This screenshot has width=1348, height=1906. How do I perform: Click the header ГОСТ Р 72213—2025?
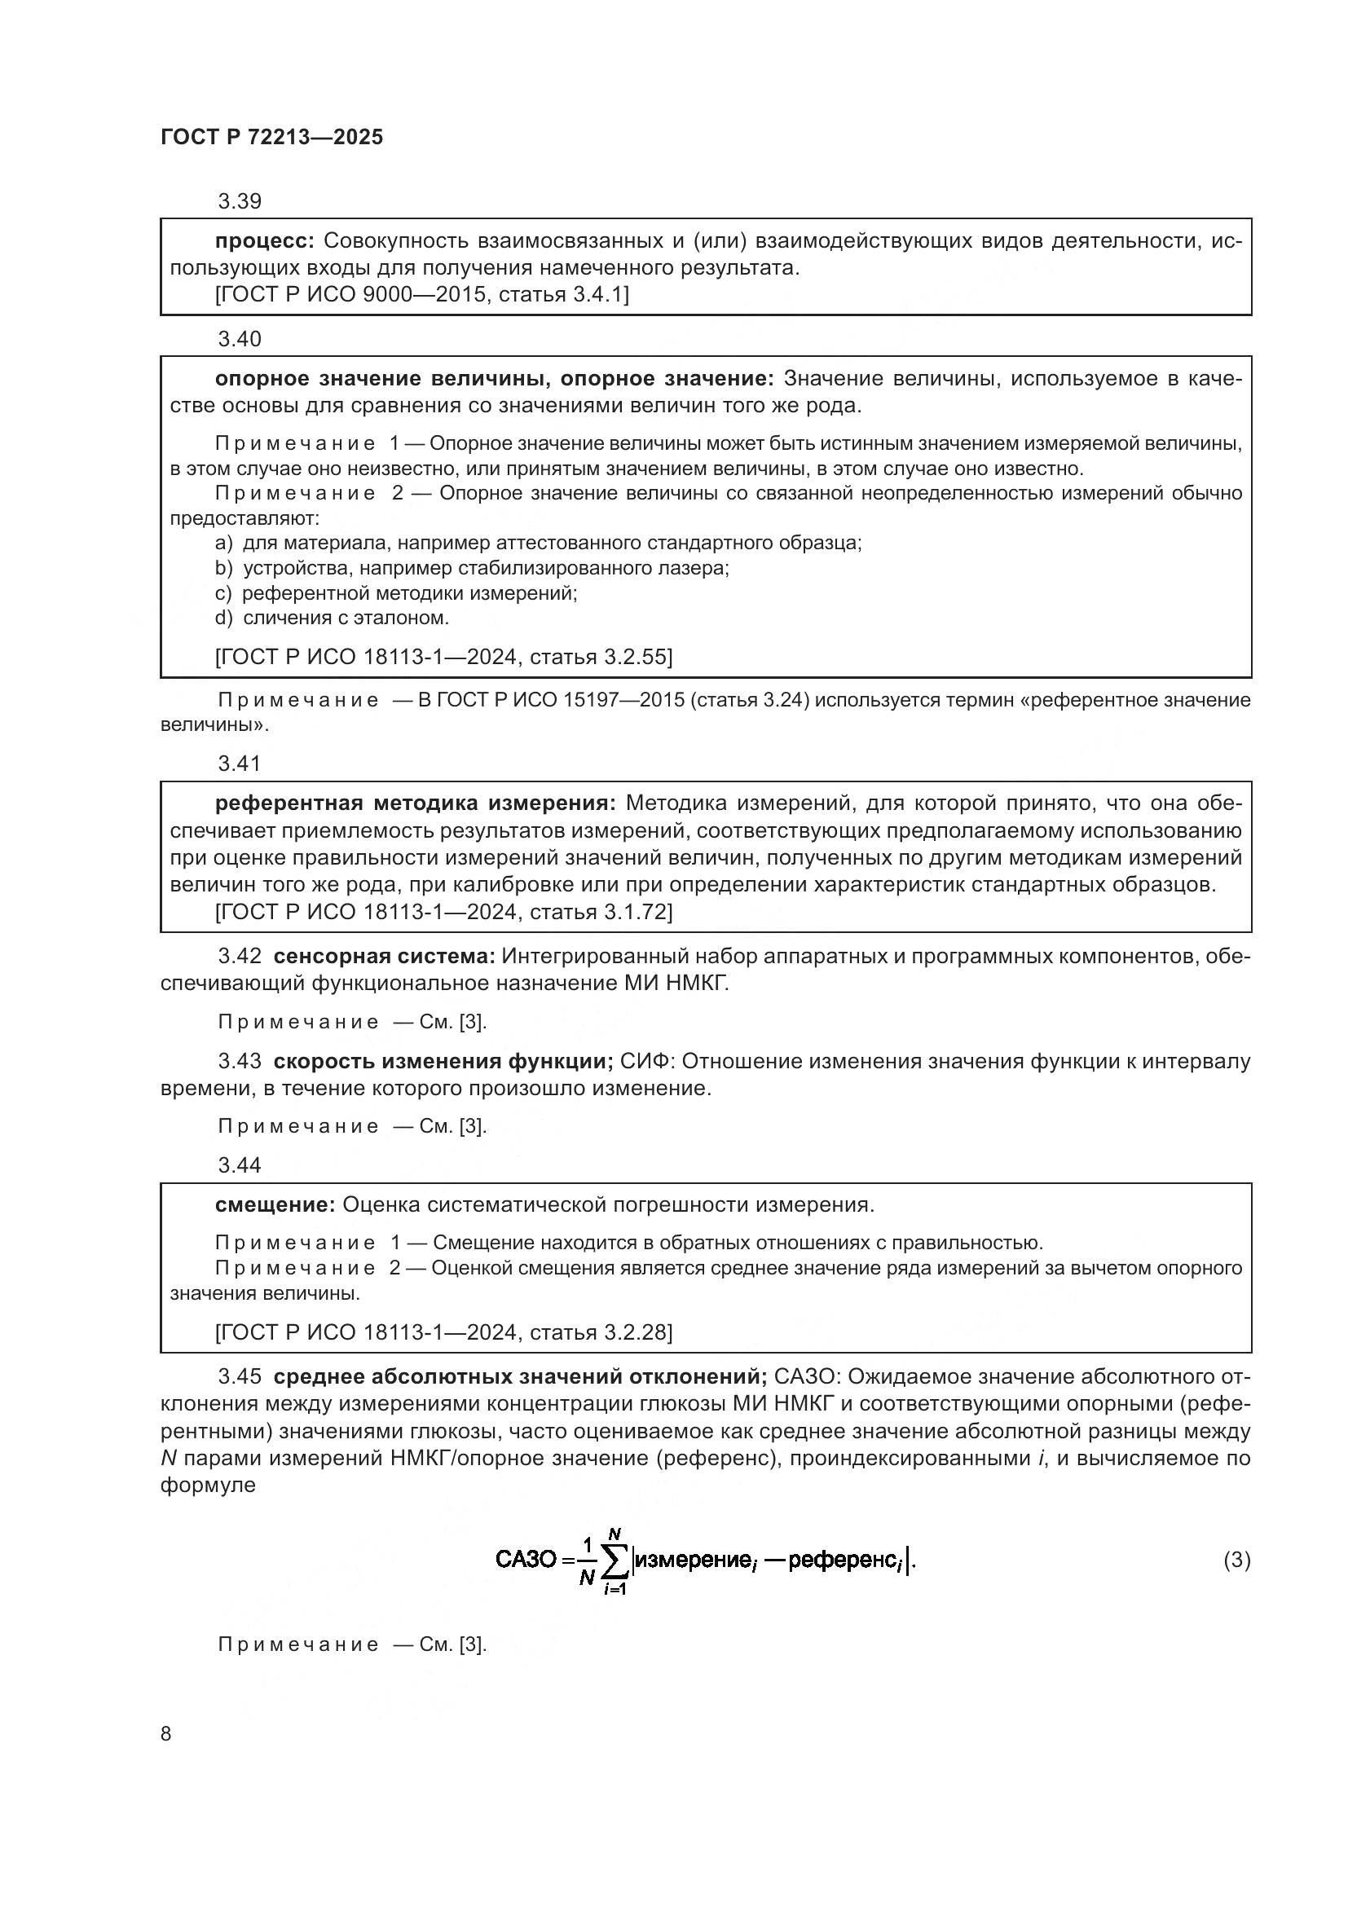coord(271,138)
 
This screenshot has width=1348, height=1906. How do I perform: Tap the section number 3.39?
coord(239,202)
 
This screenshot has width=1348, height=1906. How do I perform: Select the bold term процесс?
coord(264,241)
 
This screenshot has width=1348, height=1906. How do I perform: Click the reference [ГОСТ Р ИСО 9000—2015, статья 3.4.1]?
coord(421,295)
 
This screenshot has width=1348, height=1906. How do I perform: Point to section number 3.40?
coord(239,340)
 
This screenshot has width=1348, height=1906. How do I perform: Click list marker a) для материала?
coord(223,544)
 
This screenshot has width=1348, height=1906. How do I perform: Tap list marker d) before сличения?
coord(223,618)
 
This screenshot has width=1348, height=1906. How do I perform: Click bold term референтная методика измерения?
coord(415,803)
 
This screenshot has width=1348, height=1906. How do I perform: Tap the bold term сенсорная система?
coord(385,957)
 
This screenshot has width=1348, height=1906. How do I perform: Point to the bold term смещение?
coord(275,1204)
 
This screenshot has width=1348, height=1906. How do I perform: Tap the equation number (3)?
coord(1237,1560)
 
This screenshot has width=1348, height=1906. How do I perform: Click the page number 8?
coord(166,1734)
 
